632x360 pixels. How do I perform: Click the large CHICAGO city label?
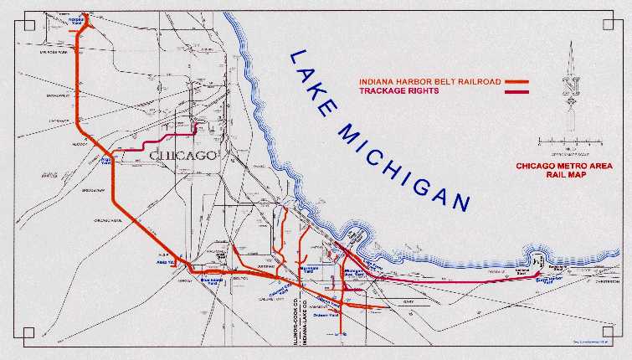click(x=182, y=157)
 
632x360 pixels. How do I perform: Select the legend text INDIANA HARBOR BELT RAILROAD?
click(x=429, y=82)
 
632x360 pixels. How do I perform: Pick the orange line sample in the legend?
click(x=516, y=82)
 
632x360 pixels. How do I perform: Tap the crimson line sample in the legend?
click(x=516, y=90)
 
